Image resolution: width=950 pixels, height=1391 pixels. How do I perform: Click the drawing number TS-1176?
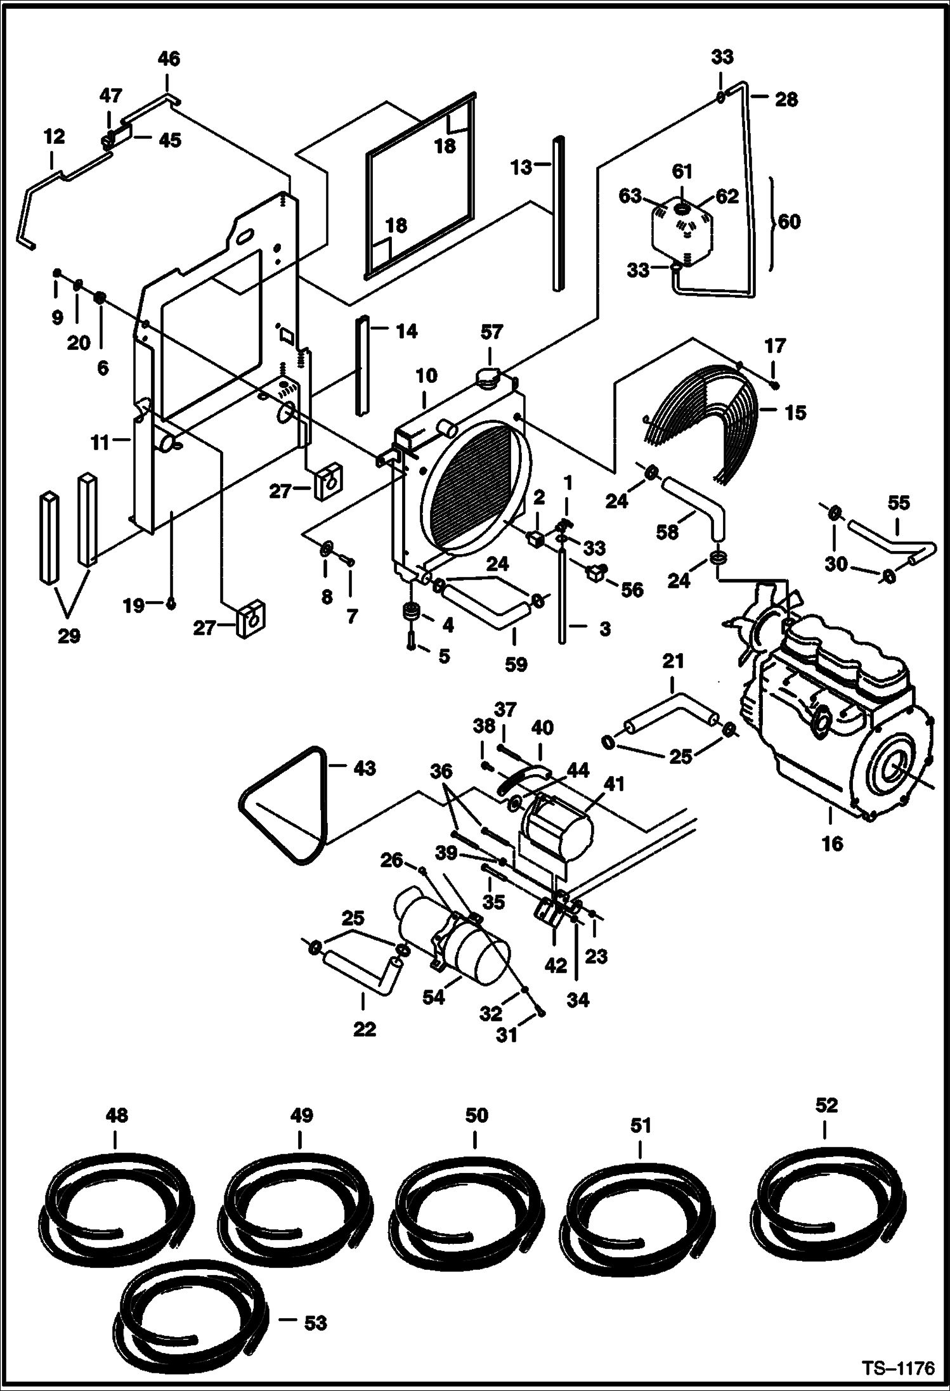899,1368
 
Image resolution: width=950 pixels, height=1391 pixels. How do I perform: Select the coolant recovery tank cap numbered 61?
682,208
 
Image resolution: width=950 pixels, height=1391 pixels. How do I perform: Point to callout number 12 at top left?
55,137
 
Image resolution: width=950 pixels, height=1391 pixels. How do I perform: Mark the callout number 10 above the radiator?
427,375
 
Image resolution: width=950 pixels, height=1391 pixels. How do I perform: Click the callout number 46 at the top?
169,59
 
